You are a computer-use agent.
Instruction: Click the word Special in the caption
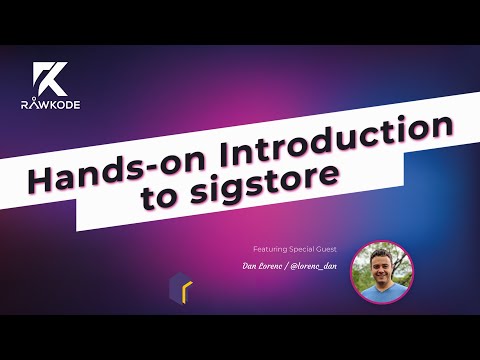click(x=304, y=246)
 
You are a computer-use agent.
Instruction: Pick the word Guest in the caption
click(x=329, y=246)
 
